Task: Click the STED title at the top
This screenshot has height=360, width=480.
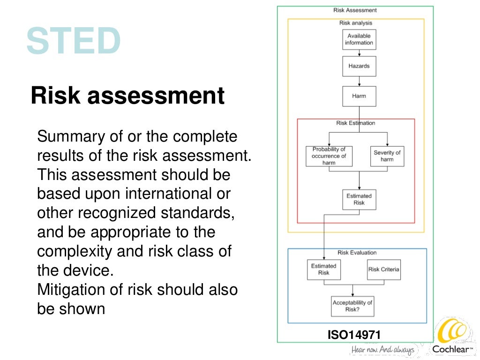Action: pos(74,41)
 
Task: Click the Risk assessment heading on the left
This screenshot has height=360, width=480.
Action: pos(127,96)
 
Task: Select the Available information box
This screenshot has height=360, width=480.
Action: pos(359,39)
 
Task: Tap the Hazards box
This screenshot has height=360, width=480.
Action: pos(359,66)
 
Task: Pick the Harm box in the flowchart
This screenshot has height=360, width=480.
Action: pos(359,96)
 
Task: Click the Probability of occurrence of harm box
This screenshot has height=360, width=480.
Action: pos(329,156)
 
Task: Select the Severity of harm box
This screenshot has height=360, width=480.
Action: pos(387,156)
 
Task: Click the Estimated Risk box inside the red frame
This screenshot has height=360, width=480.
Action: pos(359,199)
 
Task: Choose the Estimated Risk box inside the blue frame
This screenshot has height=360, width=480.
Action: pos(324,270)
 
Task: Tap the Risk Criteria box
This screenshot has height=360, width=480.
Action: pos(383,270)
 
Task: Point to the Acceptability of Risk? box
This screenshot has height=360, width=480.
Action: pos(352,306)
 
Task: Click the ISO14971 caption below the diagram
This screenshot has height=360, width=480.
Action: pos(354,335)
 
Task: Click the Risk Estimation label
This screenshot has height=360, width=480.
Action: pos(356,123)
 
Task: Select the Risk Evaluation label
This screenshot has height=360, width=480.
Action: pos(357,253)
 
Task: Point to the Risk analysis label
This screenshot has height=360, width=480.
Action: pos(355,23)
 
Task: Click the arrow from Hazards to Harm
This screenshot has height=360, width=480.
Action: pos(359,81)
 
